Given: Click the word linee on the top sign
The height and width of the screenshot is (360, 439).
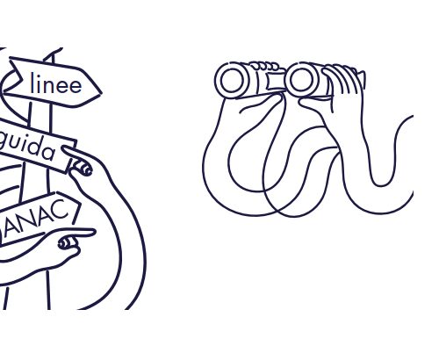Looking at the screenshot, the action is pos(56,84).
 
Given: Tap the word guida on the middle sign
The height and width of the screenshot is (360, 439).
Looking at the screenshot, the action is pos(28,148).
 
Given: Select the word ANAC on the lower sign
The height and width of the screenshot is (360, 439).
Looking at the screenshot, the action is pos(36,218).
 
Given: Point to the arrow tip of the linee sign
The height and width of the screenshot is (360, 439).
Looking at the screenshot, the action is pos(101,94).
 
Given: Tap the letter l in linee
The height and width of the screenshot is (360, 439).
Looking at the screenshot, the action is pos(32,83).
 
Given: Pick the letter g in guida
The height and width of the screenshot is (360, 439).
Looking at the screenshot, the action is pos(3,140).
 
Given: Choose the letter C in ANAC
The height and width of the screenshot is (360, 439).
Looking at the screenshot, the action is pos(63,209).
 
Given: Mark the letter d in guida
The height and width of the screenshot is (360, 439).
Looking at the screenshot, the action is pos(35,147).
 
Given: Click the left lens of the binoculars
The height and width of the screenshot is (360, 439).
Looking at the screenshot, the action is pos(232,80).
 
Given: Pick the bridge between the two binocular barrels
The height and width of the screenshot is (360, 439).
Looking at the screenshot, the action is pos(276,81).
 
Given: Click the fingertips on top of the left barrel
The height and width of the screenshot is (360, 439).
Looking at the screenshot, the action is pos(265,66).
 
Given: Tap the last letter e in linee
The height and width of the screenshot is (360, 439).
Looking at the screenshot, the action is pos(76,87).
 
